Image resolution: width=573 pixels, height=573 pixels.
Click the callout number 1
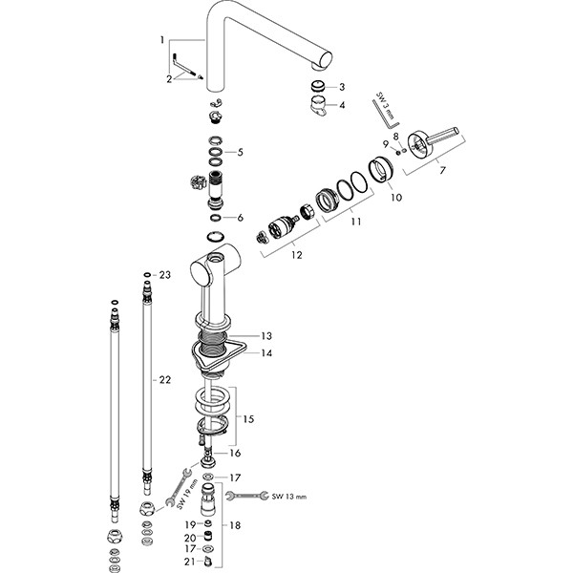pos(163,40)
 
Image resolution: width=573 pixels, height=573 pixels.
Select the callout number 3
pos(343,86)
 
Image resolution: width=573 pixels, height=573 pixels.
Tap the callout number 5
pos(241,152)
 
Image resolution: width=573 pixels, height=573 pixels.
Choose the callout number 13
pos(267,336)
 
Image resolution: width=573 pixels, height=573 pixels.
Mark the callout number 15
pos(248,420)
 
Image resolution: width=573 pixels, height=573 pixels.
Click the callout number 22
pos(164,380)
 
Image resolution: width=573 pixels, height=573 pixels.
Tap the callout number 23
pos(164,275)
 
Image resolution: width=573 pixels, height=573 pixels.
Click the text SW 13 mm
pos(289,497)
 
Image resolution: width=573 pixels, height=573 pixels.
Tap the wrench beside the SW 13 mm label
pos(244,496)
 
